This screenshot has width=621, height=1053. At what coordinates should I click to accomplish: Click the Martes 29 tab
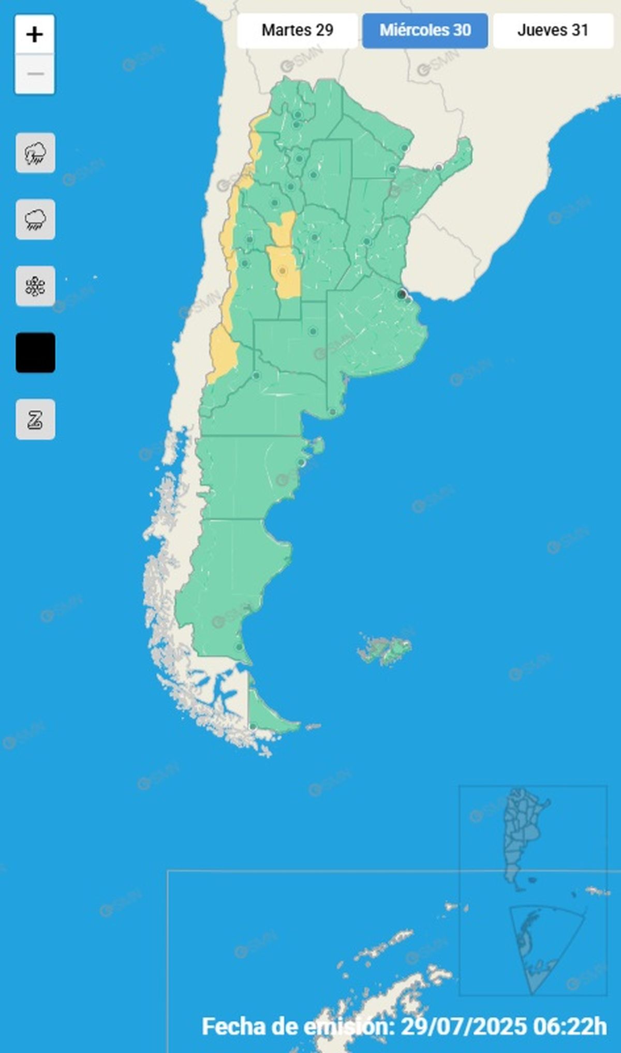297,31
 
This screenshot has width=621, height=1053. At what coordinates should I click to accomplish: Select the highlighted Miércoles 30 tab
425,31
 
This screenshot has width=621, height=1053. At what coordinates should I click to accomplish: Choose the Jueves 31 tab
553,31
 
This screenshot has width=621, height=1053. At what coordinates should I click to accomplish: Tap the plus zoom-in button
35,35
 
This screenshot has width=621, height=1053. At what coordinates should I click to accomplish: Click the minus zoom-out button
35,74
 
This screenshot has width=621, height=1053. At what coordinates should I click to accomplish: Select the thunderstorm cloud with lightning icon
35,153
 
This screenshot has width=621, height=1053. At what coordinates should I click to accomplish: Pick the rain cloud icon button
35,220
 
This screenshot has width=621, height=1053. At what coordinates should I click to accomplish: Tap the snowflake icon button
35,286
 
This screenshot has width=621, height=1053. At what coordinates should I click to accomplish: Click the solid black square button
35,353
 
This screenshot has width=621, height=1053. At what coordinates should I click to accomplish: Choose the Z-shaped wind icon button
35,419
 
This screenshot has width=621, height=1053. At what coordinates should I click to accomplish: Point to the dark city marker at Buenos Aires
401,295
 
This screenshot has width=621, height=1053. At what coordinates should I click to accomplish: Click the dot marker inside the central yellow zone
283,270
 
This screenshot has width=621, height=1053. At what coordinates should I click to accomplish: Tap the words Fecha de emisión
298,1026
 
